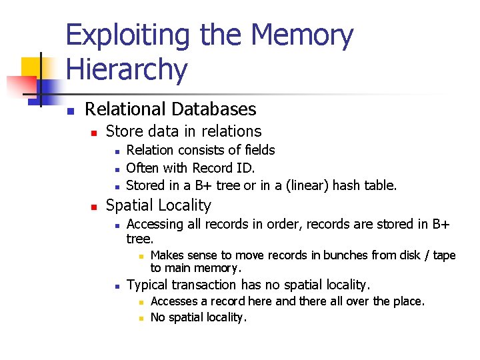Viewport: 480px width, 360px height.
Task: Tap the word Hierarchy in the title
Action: pyautogui.click(x=127, y=69)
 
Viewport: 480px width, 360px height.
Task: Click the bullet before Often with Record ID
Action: pyautogui.click(x=116, y=169)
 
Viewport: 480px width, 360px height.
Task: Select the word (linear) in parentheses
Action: pyautogui.click(x=307, y=185)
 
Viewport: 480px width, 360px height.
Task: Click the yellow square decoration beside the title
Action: pyautogui.click(x=31, y=67)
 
